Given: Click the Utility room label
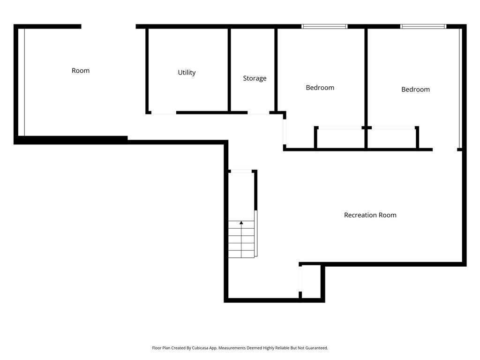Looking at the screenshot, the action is point(187,73).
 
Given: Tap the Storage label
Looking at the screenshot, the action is point(255,78).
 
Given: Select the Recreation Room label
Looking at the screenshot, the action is point(370,215).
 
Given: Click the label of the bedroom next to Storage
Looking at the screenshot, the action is point(320,88).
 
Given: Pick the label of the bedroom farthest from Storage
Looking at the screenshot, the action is point(415,90).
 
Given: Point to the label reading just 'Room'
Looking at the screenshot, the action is point(81,70).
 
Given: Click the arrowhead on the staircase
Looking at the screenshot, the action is point(241,223).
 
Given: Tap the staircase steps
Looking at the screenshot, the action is point(241,239).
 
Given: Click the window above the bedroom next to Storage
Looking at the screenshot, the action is point(324,27).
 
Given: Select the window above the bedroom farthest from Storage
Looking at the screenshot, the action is point(423,27).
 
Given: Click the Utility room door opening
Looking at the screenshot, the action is point(164,112).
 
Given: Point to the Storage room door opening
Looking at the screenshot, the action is point(258,112).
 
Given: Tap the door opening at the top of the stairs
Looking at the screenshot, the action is point(241,171).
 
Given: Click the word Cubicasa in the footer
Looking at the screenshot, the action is point(200,348).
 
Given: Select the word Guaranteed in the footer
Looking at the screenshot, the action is point(317,348).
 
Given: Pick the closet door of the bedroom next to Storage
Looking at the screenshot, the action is point(340,127).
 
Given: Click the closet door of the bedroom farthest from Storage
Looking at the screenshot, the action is point(393,127).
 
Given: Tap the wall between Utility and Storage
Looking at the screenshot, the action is point(229,70).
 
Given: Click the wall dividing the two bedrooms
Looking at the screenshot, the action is point(366,88).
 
